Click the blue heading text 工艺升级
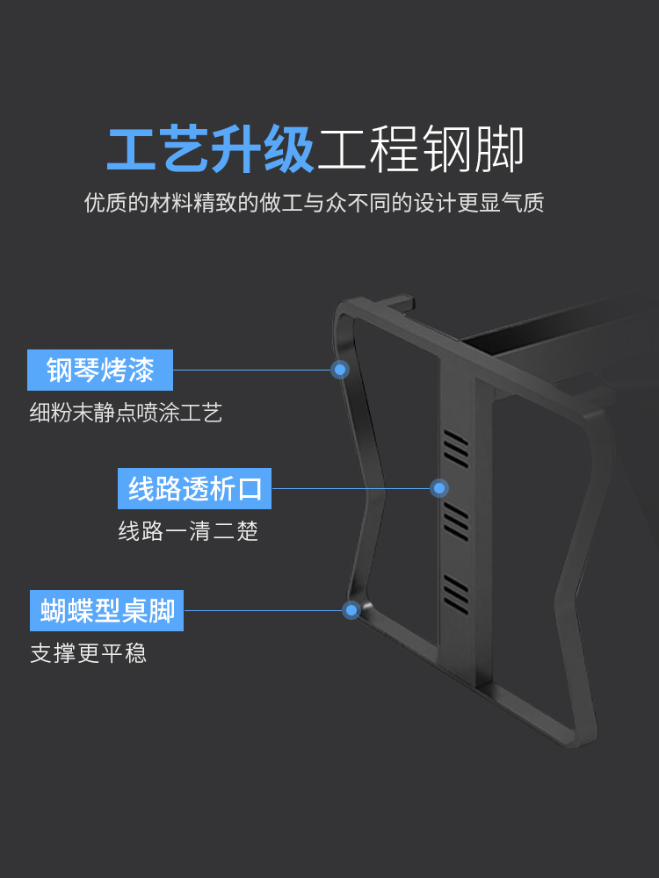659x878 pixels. (211, 149)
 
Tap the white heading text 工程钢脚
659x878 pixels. (421, 149)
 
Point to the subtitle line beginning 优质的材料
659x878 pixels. (314, 203)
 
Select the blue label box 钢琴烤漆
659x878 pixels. (100, 370)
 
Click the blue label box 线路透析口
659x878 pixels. (194, 488)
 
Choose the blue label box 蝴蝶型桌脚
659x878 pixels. (107, 610)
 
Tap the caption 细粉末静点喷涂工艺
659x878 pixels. (126, 413)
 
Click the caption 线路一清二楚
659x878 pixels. (188, 531)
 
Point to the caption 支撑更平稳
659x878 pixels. (88, 653)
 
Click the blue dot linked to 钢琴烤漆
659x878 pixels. (341, 370)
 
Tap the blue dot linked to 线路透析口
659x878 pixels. (439, 488)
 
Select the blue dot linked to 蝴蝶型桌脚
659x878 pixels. (351, 609)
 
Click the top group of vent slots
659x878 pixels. (456, 448)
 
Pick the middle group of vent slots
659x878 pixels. (456, 522)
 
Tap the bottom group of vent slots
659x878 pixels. (456, 594)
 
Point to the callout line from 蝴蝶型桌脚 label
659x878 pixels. (264, 610)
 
